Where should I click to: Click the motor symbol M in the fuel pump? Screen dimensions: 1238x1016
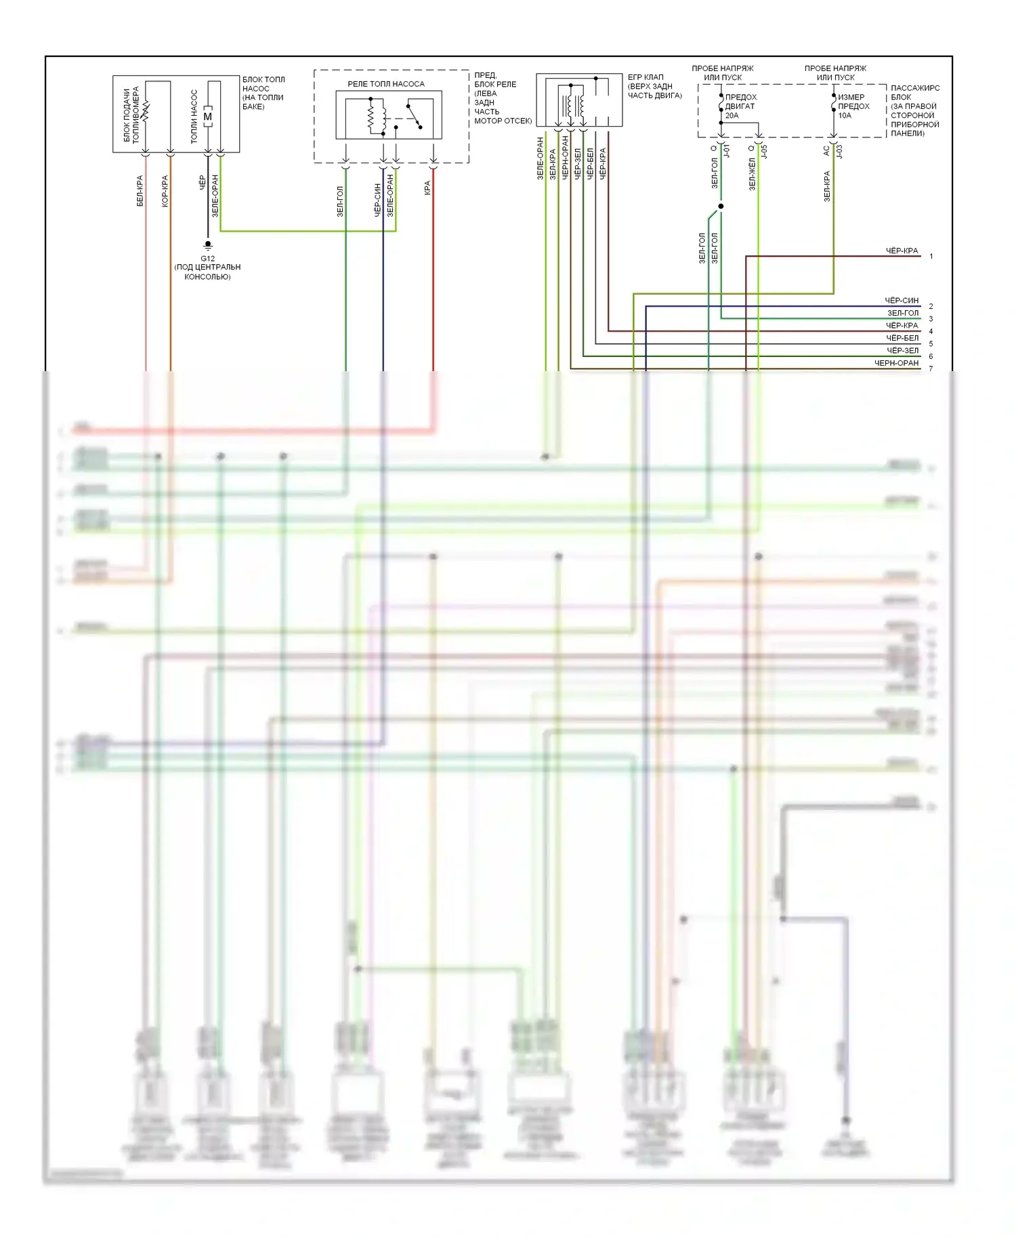click(208, 116)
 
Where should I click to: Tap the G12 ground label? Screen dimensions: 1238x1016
click(207, 258)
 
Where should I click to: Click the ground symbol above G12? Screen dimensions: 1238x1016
click(208, 245)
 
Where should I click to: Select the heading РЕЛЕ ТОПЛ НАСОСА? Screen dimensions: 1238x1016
click(386, 84)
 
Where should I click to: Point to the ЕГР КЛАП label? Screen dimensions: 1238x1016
click(645, 77)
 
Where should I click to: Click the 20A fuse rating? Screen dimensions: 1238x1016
click(732, 116)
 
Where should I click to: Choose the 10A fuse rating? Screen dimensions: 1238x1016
click(845, 116)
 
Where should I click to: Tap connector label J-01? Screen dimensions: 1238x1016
click(727, 150)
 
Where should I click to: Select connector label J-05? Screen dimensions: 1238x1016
click(764, 150)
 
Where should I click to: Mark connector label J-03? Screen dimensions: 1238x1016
click(839, 150)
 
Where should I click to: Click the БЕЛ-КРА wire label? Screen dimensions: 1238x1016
click(140, 191)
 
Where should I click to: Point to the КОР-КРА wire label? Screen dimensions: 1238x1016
click(165, 191)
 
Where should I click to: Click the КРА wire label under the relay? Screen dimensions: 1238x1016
click(427, 188)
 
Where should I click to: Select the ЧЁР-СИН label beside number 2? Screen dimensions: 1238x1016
click(902, 301)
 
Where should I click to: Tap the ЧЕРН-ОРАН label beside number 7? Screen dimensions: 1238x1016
click(896, 364)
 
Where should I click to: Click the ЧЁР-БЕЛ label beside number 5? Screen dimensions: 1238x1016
click(902, 339)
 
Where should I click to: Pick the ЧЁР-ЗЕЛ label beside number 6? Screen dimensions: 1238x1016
click(902, 351)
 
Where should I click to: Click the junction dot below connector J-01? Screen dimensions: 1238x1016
click(721, 206)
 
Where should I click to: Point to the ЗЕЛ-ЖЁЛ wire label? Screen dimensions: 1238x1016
click(752, 174)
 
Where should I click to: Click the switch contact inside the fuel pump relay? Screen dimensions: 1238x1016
click(415, 116)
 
